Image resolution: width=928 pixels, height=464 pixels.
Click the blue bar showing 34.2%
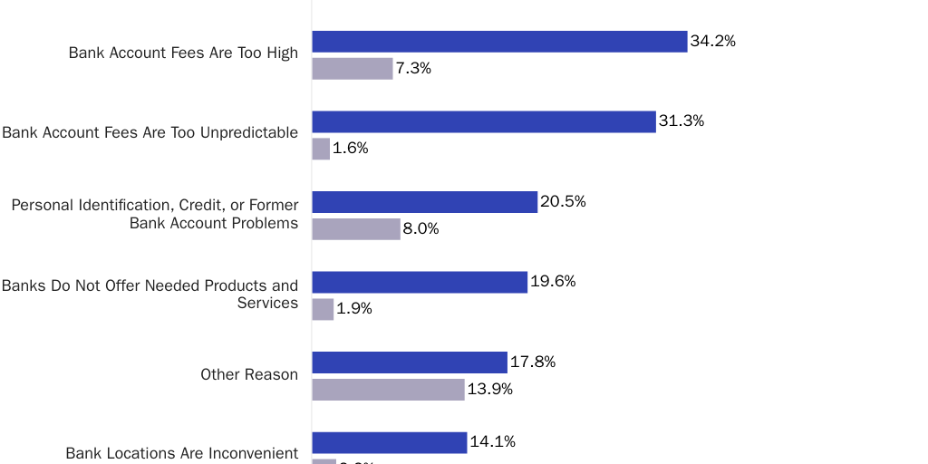pyautogui.click(x=499, y=42)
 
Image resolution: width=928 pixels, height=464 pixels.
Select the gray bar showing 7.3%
pyautogui.click(x=353, y=69)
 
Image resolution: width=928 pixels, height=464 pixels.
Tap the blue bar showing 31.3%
pyautogui.click(x=484, y=121)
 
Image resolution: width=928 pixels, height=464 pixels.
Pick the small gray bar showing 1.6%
pyautogui.click(x=321, y=149)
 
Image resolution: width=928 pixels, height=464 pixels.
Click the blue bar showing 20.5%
pyautogui.click(x=425, y=202)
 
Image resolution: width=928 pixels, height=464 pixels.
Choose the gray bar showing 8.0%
pyautogui.click(x=356, y=229)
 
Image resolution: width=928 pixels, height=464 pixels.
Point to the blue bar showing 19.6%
pyautogui.click(x=420, y=282)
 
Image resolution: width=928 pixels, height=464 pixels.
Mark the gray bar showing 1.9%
pyautogui.click(x=323, y=309)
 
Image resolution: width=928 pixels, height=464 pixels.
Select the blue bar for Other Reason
pyautogui.click(x=410, y=362)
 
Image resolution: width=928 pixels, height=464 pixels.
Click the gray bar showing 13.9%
pyautogui.click(x=388, y=390)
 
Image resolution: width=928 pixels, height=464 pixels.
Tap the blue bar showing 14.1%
pyautogui.click(x=390, y=442)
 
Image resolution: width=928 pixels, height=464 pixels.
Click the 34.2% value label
pyautogui.click(x=712, y=42)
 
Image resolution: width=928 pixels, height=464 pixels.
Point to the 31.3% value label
pyautogui.click(x=681, y=121)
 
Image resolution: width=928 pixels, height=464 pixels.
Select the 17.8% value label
pyautogui.click(x=532, y=362)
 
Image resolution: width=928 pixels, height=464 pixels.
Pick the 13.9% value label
pyautogui.click(x=490, y=390)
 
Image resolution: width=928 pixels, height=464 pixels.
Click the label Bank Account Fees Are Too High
pyautogui.click(x=183, y=53)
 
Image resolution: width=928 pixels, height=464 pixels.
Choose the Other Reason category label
pyautogui.click(x=249, y=374)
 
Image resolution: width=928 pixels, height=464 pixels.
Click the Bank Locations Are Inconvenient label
pyautogui.click(x=181, y=453)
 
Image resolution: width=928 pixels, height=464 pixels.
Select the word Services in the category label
pyautogui.click(x=267, y=304)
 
